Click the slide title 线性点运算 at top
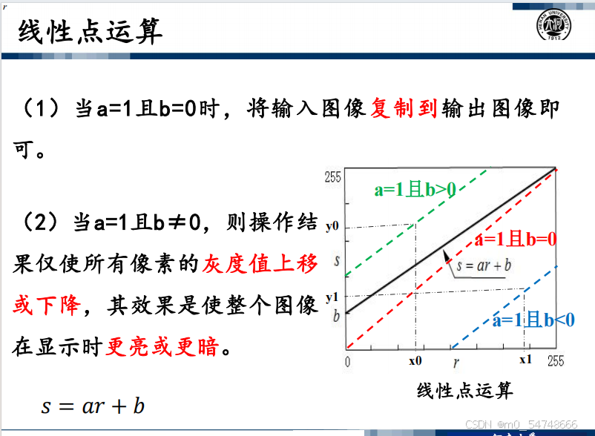[91, 31]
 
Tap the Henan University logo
[553, 24]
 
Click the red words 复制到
[404, 108]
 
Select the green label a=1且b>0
[415, 189]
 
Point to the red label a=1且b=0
[516, 240]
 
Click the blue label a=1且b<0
[533, 320]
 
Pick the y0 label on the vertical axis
[332, 226]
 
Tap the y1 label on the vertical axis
[332, 297]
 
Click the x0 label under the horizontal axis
[415, 360]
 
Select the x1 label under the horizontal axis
[525, 360]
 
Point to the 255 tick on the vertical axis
[332, 177]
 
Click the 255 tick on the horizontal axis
[556, 360]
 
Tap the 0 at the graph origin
[348, 362]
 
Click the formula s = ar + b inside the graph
[484, 265]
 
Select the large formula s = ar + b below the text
[93, 406]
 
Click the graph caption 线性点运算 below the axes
[465, 391]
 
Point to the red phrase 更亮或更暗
[162, 346]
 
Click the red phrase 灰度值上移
[260, 264]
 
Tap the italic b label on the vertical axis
[336, 316]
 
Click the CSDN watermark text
[521, 424]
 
